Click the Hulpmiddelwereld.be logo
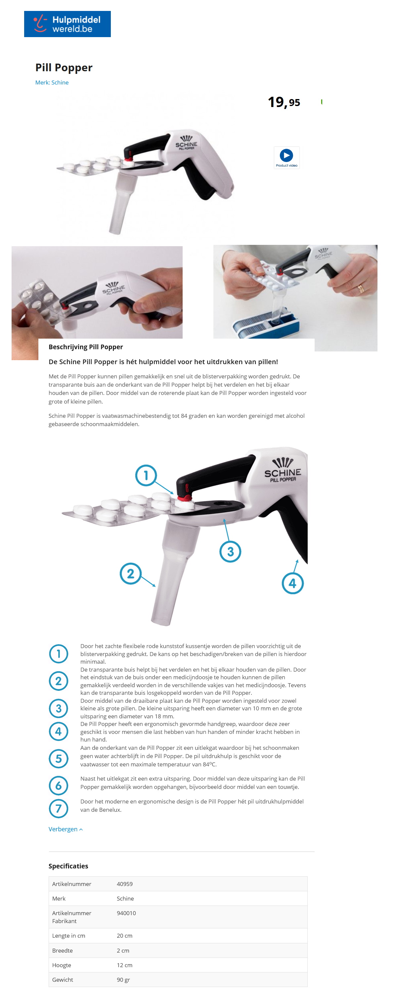tap(67, 24)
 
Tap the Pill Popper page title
tap(64, 68)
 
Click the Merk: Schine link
tap(52, 83)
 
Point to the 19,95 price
tap(284, 102)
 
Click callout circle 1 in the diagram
tap(146, 475)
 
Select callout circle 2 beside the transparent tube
tap(130, 574)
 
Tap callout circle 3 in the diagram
tap(230, 552)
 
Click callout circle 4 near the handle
tap(292, 583)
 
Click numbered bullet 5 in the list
tap(59, 759)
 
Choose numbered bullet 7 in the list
tap(59, 808)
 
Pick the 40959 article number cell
tap(124, 884)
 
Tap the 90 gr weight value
tap(123, 980)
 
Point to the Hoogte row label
tap(62, 965)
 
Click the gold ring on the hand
tap(360, 289)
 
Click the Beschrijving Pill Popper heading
tap(86, 347)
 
